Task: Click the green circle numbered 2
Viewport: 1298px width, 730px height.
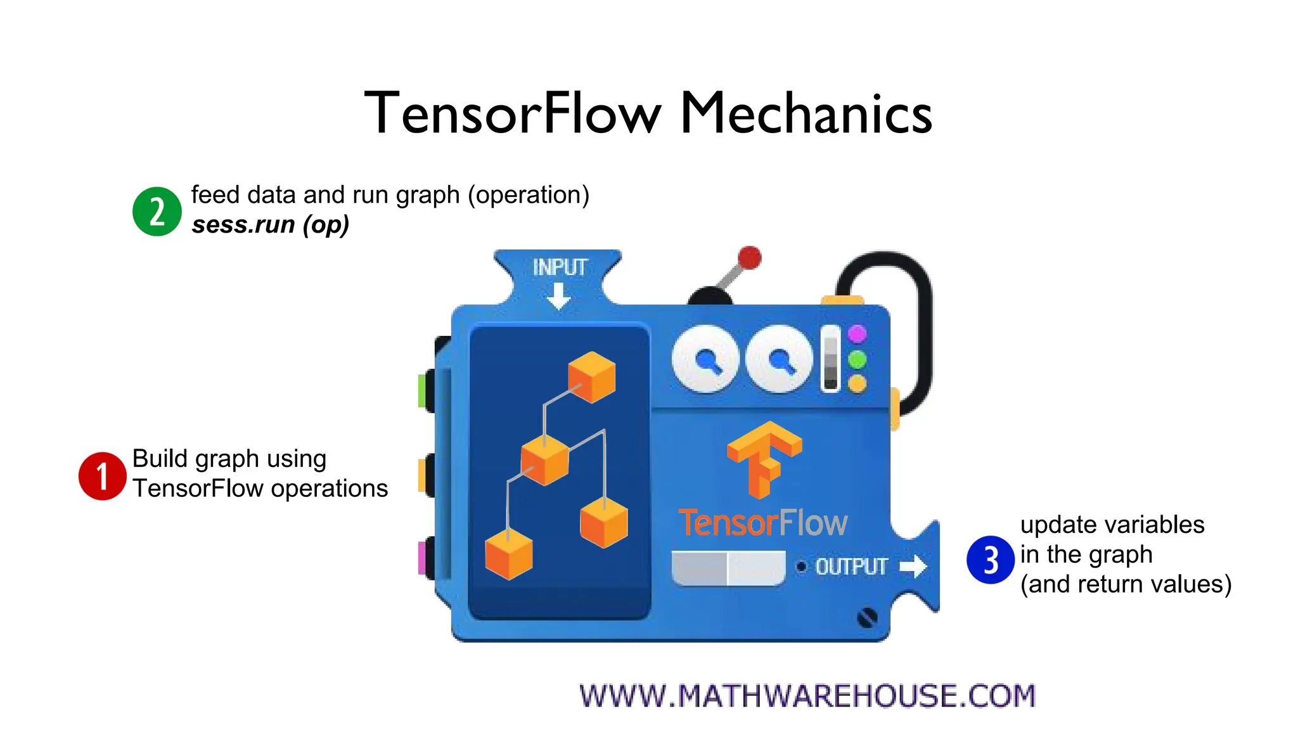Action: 157,211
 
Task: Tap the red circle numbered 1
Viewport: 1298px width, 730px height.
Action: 102,476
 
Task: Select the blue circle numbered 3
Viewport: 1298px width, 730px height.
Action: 991,560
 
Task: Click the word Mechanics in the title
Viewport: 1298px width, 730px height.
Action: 806,114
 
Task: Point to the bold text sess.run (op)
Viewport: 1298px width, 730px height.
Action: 271,225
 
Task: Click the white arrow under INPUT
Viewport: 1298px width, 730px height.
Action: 558,296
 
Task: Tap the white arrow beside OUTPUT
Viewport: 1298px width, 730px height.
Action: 913,566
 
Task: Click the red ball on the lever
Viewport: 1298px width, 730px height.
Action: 749,258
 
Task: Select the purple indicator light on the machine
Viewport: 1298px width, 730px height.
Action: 857,334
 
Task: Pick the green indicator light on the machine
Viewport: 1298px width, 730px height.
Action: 857,360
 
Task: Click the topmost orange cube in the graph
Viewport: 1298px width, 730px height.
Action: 591,377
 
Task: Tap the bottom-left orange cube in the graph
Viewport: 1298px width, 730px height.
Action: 508,553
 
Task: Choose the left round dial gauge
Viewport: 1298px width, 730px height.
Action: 705,359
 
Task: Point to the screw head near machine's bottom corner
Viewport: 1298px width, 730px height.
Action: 867,617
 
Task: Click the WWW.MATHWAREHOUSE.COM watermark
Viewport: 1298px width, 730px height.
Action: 807,696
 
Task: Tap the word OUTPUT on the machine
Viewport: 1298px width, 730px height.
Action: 851,567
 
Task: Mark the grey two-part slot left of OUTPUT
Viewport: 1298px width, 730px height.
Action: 728,568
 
